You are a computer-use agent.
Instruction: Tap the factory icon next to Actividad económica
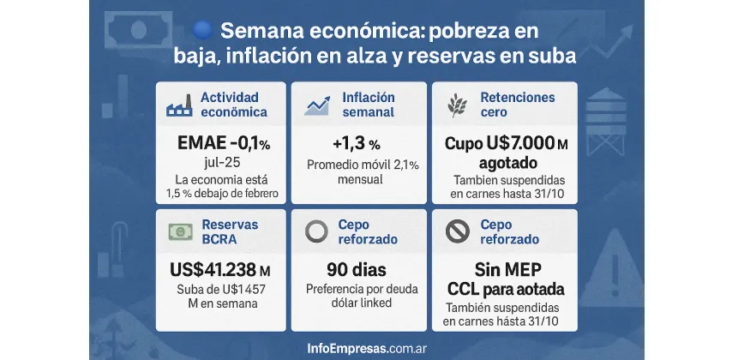tap(179, 105)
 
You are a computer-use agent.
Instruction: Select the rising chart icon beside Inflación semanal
tap(318, 105)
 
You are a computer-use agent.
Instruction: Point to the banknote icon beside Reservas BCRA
tap(179, 231)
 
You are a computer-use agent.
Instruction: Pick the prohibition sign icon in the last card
tap(458, 231)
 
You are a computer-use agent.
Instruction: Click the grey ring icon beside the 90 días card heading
tap(318, 231)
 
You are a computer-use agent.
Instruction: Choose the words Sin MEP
tap(504, 267)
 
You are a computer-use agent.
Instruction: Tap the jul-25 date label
tap(221, 163)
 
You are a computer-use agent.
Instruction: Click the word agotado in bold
tap(503, 163)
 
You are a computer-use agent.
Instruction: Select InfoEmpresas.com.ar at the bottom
tap(366, 348)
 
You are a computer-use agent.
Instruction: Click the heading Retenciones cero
tap(518, 105)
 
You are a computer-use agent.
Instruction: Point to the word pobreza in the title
tap(469, 31)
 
